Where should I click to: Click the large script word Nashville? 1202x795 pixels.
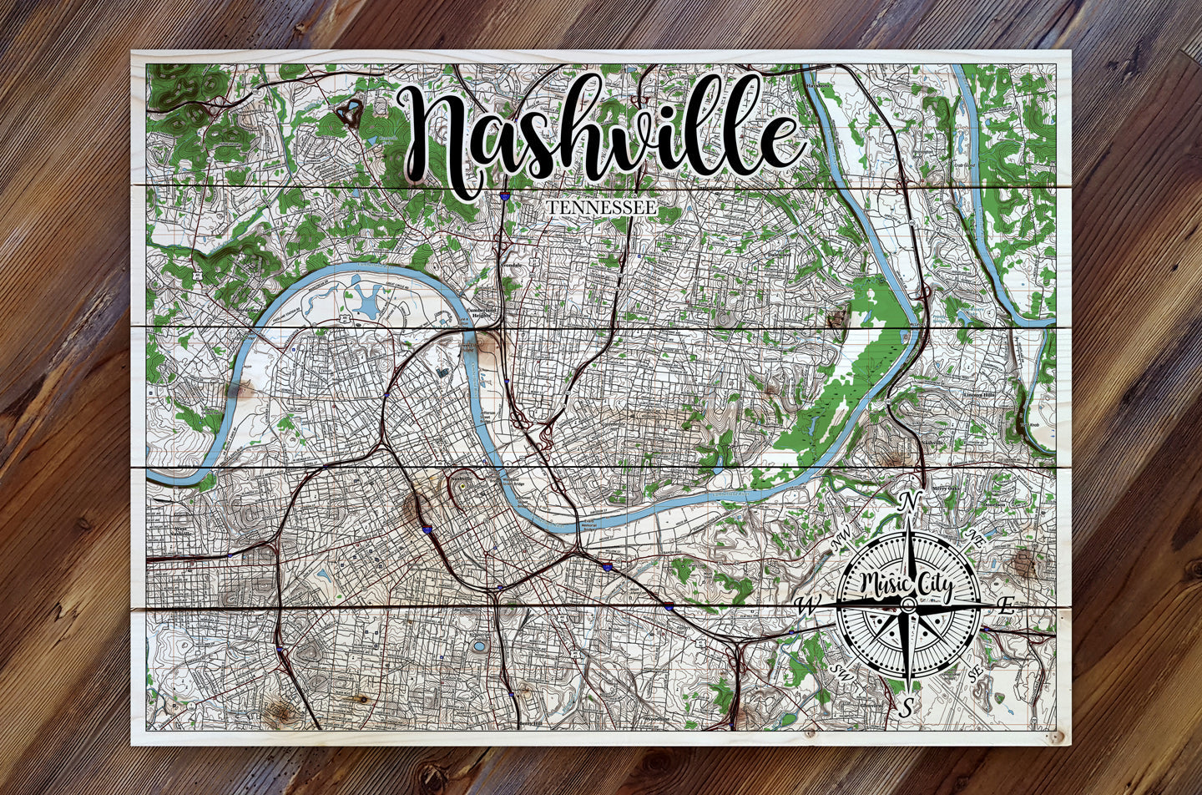(601, 134)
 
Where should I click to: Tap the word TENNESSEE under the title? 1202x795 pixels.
(600, 206)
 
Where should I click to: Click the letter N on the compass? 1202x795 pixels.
(908, 502)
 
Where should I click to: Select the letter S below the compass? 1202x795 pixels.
(906, 706)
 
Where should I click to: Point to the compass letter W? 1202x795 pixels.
(806, 604)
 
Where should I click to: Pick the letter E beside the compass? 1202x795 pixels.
(1007, 607)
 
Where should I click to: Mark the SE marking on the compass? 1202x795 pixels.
(973, 671)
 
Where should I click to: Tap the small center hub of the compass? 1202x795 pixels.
(907, 602)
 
